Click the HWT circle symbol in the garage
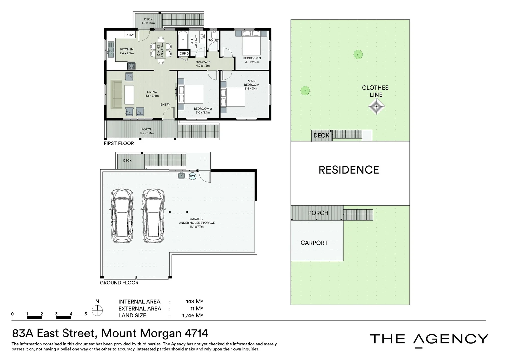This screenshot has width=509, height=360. [x=192, y=176]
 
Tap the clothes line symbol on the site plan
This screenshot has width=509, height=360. [x=376, y=107]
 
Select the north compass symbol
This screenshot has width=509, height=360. [x=97, y=311]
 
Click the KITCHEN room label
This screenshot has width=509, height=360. [x=127, y=49]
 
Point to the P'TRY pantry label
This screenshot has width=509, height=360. [x=130, y=35]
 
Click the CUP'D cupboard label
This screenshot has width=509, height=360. [x=184, y=53]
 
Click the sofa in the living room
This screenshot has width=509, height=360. [x=116, y=94]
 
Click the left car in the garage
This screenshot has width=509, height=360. [x=122, y=216]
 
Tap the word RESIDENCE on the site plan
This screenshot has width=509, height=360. [x=349, y=170]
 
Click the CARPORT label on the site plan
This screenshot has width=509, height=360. [x=314, y=243]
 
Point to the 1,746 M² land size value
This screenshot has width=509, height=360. [x=192, y=315]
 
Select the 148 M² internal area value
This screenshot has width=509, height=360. [x=194, y=301]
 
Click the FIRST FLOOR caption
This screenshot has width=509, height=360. [x=119, y=143]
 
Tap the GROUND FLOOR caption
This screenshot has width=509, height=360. [x=119, y=283]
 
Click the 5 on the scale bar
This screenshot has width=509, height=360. [x=86, y=314]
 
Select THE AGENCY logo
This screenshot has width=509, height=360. [x=429, y=339]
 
